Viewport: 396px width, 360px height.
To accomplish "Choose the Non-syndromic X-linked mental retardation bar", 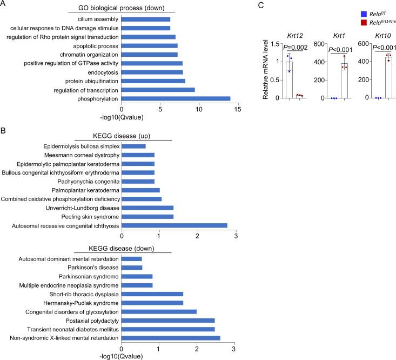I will click(x=171, y=338).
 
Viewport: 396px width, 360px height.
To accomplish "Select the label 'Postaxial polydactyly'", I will click(x=89, y=320).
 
